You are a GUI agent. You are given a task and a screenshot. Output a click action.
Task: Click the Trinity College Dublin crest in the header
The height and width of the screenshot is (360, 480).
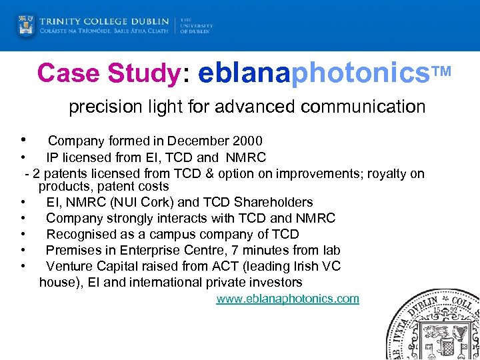pos(26,26)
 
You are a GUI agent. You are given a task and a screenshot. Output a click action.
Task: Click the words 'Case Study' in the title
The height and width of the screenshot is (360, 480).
pos(109,74)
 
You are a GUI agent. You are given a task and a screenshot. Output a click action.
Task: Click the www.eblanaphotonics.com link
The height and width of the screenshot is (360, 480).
pos(287,299)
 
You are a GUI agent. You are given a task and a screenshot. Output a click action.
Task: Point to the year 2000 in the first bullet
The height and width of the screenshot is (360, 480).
pos(247,141)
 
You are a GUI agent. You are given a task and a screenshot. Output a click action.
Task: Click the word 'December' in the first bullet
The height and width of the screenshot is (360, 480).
pos(198,141)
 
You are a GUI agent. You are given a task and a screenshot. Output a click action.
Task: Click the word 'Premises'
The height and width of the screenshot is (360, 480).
pos(73,251)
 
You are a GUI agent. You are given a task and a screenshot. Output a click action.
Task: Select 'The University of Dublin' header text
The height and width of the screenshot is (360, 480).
pos(196,26)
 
